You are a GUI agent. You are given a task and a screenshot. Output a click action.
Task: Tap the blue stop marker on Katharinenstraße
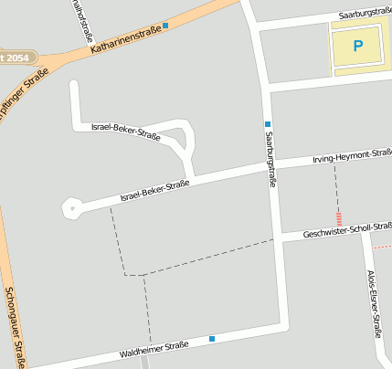coord(165,26)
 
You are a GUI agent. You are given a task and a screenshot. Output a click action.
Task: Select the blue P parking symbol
coord(357,45)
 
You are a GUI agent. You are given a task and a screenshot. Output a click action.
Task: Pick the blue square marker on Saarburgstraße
coord(268,123)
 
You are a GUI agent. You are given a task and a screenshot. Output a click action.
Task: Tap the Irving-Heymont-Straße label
coord(353,158)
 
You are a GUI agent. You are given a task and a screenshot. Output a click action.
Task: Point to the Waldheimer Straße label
coord(154,349)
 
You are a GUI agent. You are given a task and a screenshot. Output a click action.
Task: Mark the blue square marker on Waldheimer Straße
coord(212,339)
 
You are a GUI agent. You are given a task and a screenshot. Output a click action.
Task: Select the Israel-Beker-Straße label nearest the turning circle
coord(154,190)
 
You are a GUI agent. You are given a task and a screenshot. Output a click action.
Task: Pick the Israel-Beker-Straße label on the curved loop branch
coord(126,132)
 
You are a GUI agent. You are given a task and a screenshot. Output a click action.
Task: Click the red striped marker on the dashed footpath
coord(340,219)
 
